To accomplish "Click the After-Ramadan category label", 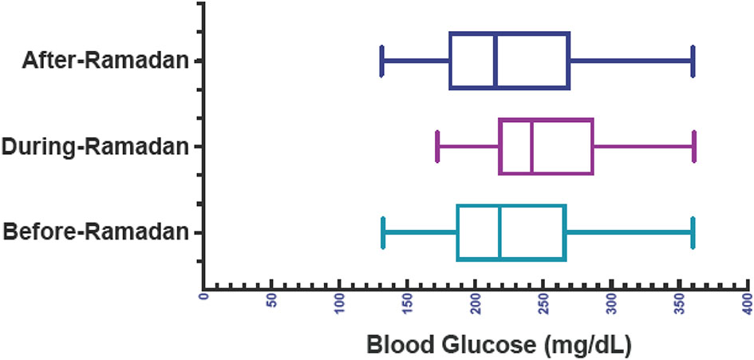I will [x=100, y=60].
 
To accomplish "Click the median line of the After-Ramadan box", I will [x=495, y=61].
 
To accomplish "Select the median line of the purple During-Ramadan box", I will [x=531, y=146].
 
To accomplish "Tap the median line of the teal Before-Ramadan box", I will [x=499, y=232].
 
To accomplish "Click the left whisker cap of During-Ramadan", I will [x=437, y=146].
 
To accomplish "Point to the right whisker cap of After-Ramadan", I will [x=693, y=61].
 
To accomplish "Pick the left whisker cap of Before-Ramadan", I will [x=384, y=232].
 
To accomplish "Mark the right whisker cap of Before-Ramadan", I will [x=693, y=232].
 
